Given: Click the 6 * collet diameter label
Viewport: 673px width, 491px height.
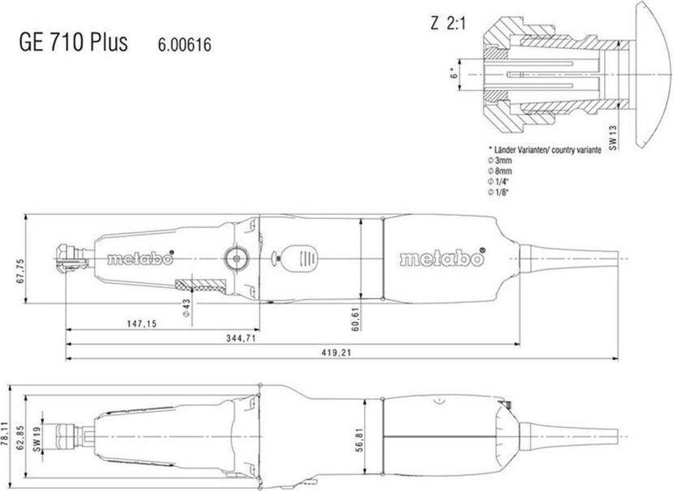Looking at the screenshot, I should [x=453, y=73].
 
